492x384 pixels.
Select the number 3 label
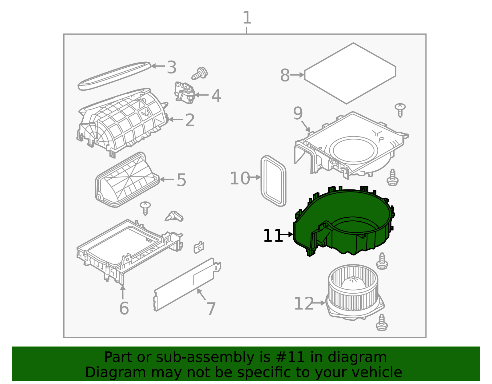pos(171,67)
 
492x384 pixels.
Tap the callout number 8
pos(285,75)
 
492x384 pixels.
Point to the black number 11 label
pos(272,236)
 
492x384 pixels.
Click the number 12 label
pos(304,303)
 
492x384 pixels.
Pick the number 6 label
pos(124,308)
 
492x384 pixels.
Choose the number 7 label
pos(211,309)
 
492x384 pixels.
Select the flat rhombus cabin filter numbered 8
pos(350,73)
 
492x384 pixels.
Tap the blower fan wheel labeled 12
pos(354,292)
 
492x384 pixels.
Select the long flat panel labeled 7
pos(187,284)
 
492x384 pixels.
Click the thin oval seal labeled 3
pos(114,76)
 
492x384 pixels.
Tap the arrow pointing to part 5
pos(167,180)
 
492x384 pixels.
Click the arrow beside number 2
pos(176,119)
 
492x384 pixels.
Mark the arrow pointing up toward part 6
pos(123,292)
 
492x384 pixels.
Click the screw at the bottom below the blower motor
pos(382,323)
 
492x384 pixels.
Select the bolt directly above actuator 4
pos(200,73)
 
